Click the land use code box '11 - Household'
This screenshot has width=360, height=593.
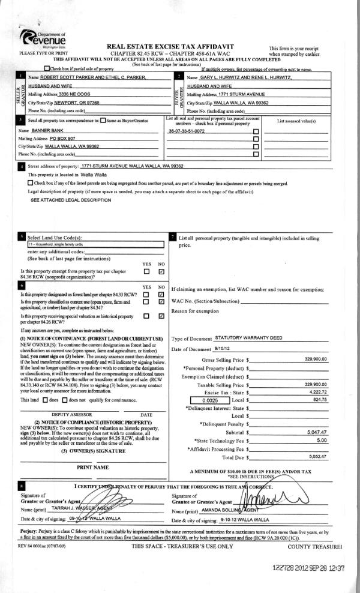pos(96,244)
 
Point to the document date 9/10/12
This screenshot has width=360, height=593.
pos(222,349)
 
